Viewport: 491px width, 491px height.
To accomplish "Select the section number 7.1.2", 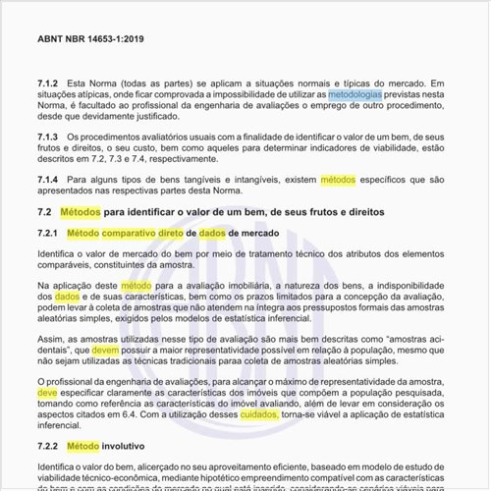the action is pos(49,84).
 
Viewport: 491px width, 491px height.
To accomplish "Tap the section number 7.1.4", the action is pos(49,182).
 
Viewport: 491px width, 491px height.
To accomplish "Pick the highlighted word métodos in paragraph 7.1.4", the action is pos(339,182).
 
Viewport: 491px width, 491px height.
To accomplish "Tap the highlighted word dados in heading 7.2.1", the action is pos(212,234).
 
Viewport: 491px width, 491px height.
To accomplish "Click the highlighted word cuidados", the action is pos(259,415).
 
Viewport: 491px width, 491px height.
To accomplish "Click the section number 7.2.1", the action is pos(49,234).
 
